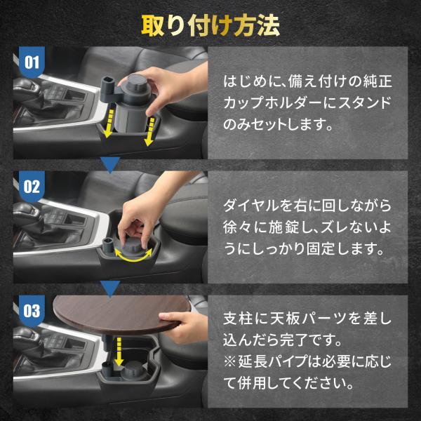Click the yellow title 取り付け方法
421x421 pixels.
(x=210, y=25)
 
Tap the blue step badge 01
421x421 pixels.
(x=32, y=62)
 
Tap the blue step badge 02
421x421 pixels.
(x=32, y=187)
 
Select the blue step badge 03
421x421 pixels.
(x=32, y=311)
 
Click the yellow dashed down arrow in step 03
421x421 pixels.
(x=119, y=352)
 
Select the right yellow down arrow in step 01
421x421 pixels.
(x=149, y=132)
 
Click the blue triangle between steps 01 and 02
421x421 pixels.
(x=110, y=165)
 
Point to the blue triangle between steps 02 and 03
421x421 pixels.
(x=110, y=289)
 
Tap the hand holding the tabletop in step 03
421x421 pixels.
(x=182, y=326)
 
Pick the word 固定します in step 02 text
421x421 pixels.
(x=345, y=248)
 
